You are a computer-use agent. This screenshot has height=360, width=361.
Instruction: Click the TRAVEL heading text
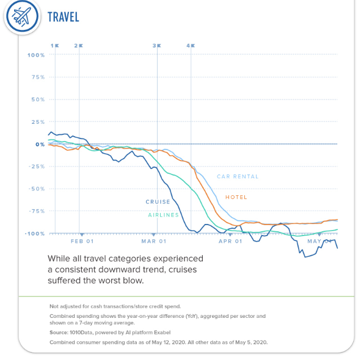tap(64, 17)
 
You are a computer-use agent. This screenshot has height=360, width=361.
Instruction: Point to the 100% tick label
tap(36, 55)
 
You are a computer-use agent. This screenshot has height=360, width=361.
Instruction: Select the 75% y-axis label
tap(38, 77)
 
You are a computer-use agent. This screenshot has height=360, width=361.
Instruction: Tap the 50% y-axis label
tap(38, 99)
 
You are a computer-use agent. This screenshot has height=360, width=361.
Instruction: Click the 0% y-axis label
tap(40, 145)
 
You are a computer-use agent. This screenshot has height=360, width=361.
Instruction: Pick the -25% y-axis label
tap(37, 167)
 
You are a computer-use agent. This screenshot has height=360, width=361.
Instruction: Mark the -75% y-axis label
tap(37, 211)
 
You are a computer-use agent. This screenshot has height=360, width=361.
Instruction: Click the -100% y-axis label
tap(35, 234)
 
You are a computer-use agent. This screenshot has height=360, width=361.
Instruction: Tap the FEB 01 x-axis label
tap(81, 242)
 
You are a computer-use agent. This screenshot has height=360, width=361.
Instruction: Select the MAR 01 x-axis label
tap(154, 242)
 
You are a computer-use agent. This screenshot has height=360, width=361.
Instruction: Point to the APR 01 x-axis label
tap(230, 242)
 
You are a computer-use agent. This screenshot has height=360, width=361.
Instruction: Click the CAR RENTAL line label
tap(238, 177)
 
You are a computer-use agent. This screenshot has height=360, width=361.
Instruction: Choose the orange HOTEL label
tap(236, 197)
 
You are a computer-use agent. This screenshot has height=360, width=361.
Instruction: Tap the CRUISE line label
tap(158, 202)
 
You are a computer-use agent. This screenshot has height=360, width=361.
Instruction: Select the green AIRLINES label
tap(164, 215)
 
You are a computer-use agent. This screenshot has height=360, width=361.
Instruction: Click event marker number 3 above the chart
tap(156, 46)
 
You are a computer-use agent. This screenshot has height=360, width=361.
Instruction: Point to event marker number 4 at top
tap(190, 46)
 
